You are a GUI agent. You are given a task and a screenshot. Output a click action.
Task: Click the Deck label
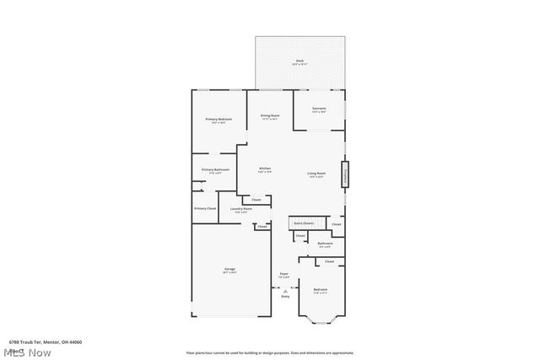click(x=300, y=62)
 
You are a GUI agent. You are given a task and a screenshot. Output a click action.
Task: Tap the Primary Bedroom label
click(x=219, y=121)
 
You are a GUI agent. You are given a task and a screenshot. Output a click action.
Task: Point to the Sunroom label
click(x=319, y=110)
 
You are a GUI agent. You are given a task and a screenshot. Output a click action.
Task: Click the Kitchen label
click(x=264, y=169)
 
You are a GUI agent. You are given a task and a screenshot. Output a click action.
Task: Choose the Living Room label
click(x=316, y=175)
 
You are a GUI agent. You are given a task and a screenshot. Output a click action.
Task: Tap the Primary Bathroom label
click(x=215, y=170)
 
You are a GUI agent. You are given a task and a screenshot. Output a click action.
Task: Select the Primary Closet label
click(x=205, y=208)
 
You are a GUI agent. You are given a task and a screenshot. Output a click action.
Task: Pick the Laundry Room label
click(x=241, y=209)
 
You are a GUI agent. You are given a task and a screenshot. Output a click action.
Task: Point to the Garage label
click(x=229, y=270)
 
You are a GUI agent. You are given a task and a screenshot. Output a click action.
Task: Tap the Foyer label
click(x=284, y=275)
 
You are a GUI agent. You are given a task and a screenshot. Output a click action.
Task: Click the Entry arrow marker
click(x=285, y=288)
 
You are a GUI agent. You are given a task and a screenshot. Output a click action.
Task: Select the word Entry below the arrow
click(x=285, y=296)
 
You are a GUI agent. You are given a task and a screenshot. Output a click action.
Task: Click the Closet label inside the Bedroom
click(x=329, y=261)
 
